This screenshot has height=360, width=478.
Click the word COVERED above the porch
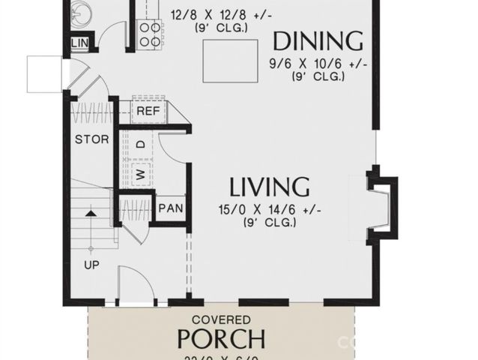(x=221, y=318)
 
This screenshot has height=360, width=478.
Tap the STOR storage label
(x=91, y=139)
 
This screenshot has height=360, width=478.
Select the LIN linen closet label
(x=80, y=43)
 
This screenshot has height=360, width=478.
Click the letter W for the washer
(x=139, y=175)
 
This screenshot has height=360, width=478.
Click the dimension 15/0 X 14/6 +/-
(x=269, y=211)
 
